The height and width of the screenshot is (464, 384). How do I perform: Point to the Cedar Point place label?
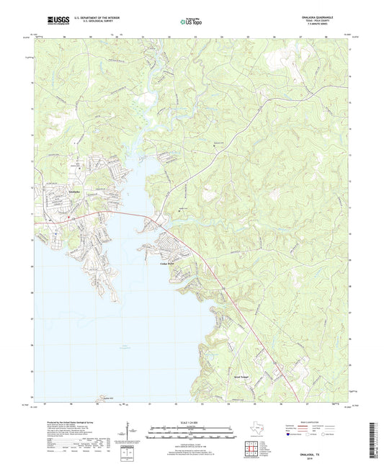tap(166, 264)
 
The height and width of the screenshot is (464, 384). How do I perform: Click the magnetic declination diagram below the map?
tap(128, 434)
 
